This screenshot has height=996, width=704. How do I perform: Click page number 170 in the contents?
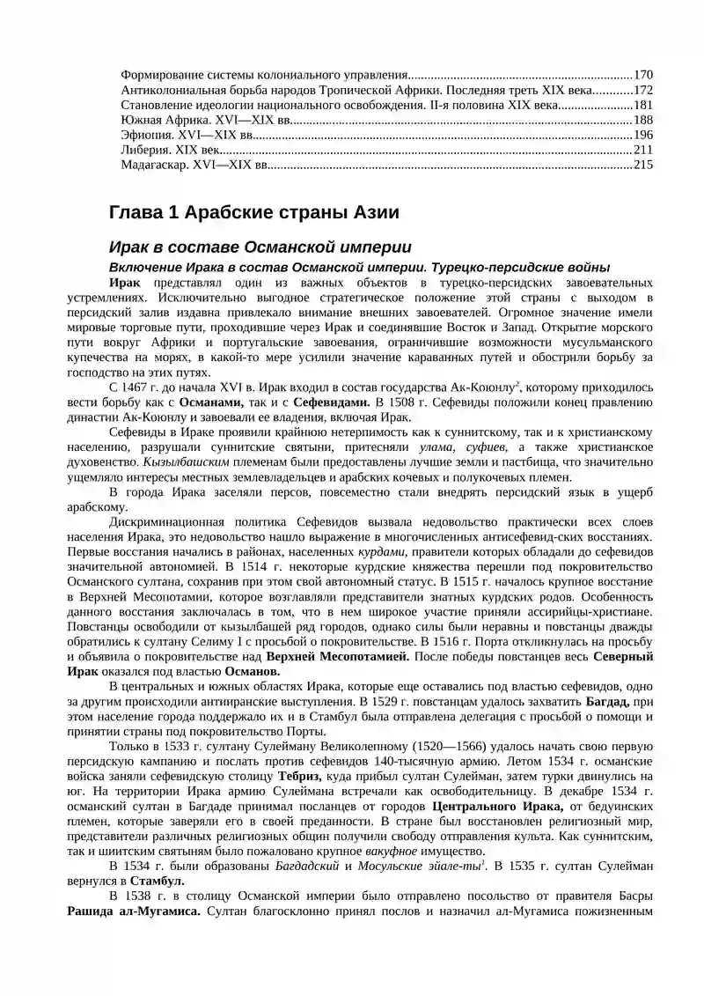(643, 74)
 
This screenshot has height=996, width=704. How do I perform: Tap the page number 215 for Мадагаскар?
(643, 164)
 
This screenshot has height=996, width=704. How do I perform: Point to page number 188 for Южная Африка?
(643, 119)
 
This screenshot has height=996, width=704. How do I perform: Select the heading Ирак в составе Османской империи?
(259, 247)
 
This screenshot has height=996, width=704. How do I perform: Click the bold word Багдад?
(608, 701)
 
